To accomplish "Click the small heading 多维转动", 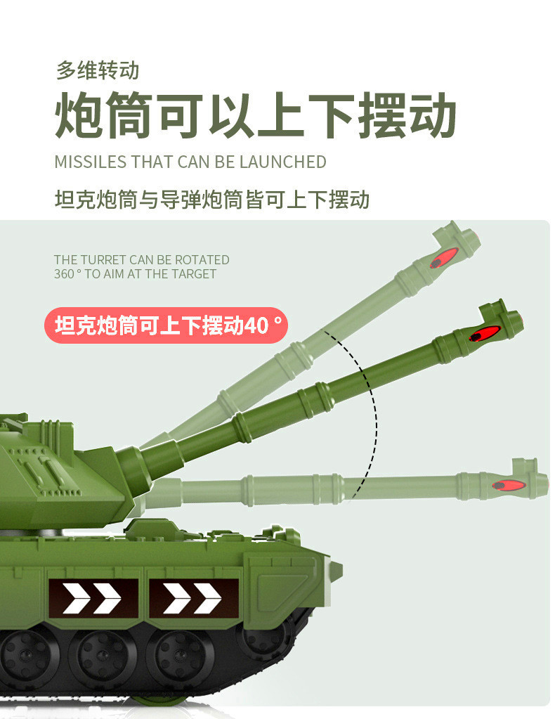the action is tap(97, 70).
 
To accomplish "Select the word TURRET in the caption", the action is tap(105, 259).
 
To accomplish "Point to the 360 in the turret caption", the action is tap(64, 273).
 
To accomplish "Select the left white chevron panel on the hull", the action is tap(93, 598).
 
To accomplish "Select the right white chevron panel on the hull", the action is tap(194, 598).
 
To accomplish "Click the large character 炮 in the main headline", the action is tap(79, 115).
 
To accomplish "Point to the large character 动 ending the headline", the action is tap(432, 115).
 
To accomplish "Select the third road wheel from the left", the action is tap(180, 656).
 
